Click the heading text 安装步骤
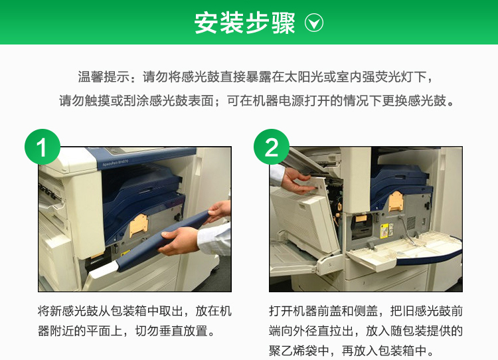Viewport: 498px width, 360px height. pyautogui.click(x=244, y=23)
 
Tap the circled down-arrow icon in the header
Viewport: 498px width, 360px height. pyautogui.click(x=314, y=23)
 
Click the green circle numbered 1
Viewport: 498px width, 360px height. pyautogui.click(x=42, y=147)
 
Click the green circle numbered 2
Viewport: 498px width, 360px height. pyautogui.click(x=271, y=147)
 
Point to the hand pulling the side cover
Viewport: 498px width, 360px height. pyautogui.click(x=296, y=181)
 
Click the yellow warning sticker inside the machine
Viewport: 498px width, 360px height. pyautogui.click(x=384, y=230)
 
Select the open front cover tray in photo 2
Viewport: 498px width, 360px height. pyautogui.click(x=403, y=251)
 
